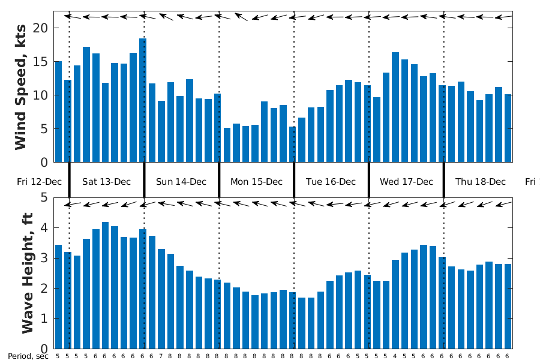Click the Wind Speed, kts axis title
click(x=20, y=86)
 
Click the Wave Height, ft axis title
click(x=27, y=273)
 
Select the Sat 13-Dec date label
click(x=106, y=182)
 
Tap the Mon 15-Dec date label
click(x=256, y=182)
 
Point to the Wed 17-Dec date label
click(x=406, y=182)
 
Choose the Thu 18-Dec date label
click(x=481, y=182)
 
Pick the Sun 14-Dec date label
click(x=181, y=182)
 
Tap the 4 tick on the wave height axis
click(x=43, y=227)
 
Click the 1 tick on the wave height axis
click(x=43, y=318)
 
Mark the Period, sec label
click(x=28, y=356)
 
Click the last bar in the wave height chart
click(x=508, y=306)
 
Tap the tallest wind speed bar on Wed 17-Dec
click(x=395, y=107)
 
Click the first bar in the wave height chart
click(x=58, y=296)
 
